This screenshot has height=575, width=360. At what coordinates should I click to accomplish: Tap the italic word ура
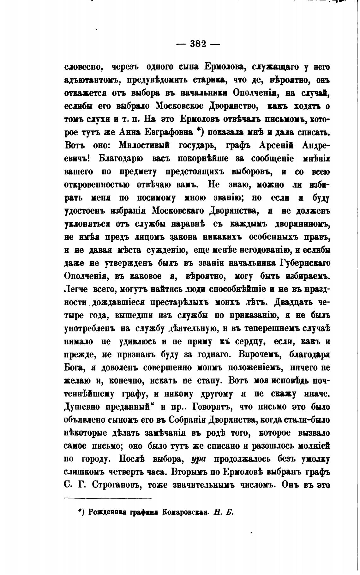coord(197,460)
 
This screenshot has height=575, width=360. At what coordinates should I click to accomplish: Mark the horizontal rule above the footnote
coord(108,499)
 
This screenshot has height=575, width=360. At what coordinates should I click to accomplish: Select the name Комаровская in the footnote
coord(184,512)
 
